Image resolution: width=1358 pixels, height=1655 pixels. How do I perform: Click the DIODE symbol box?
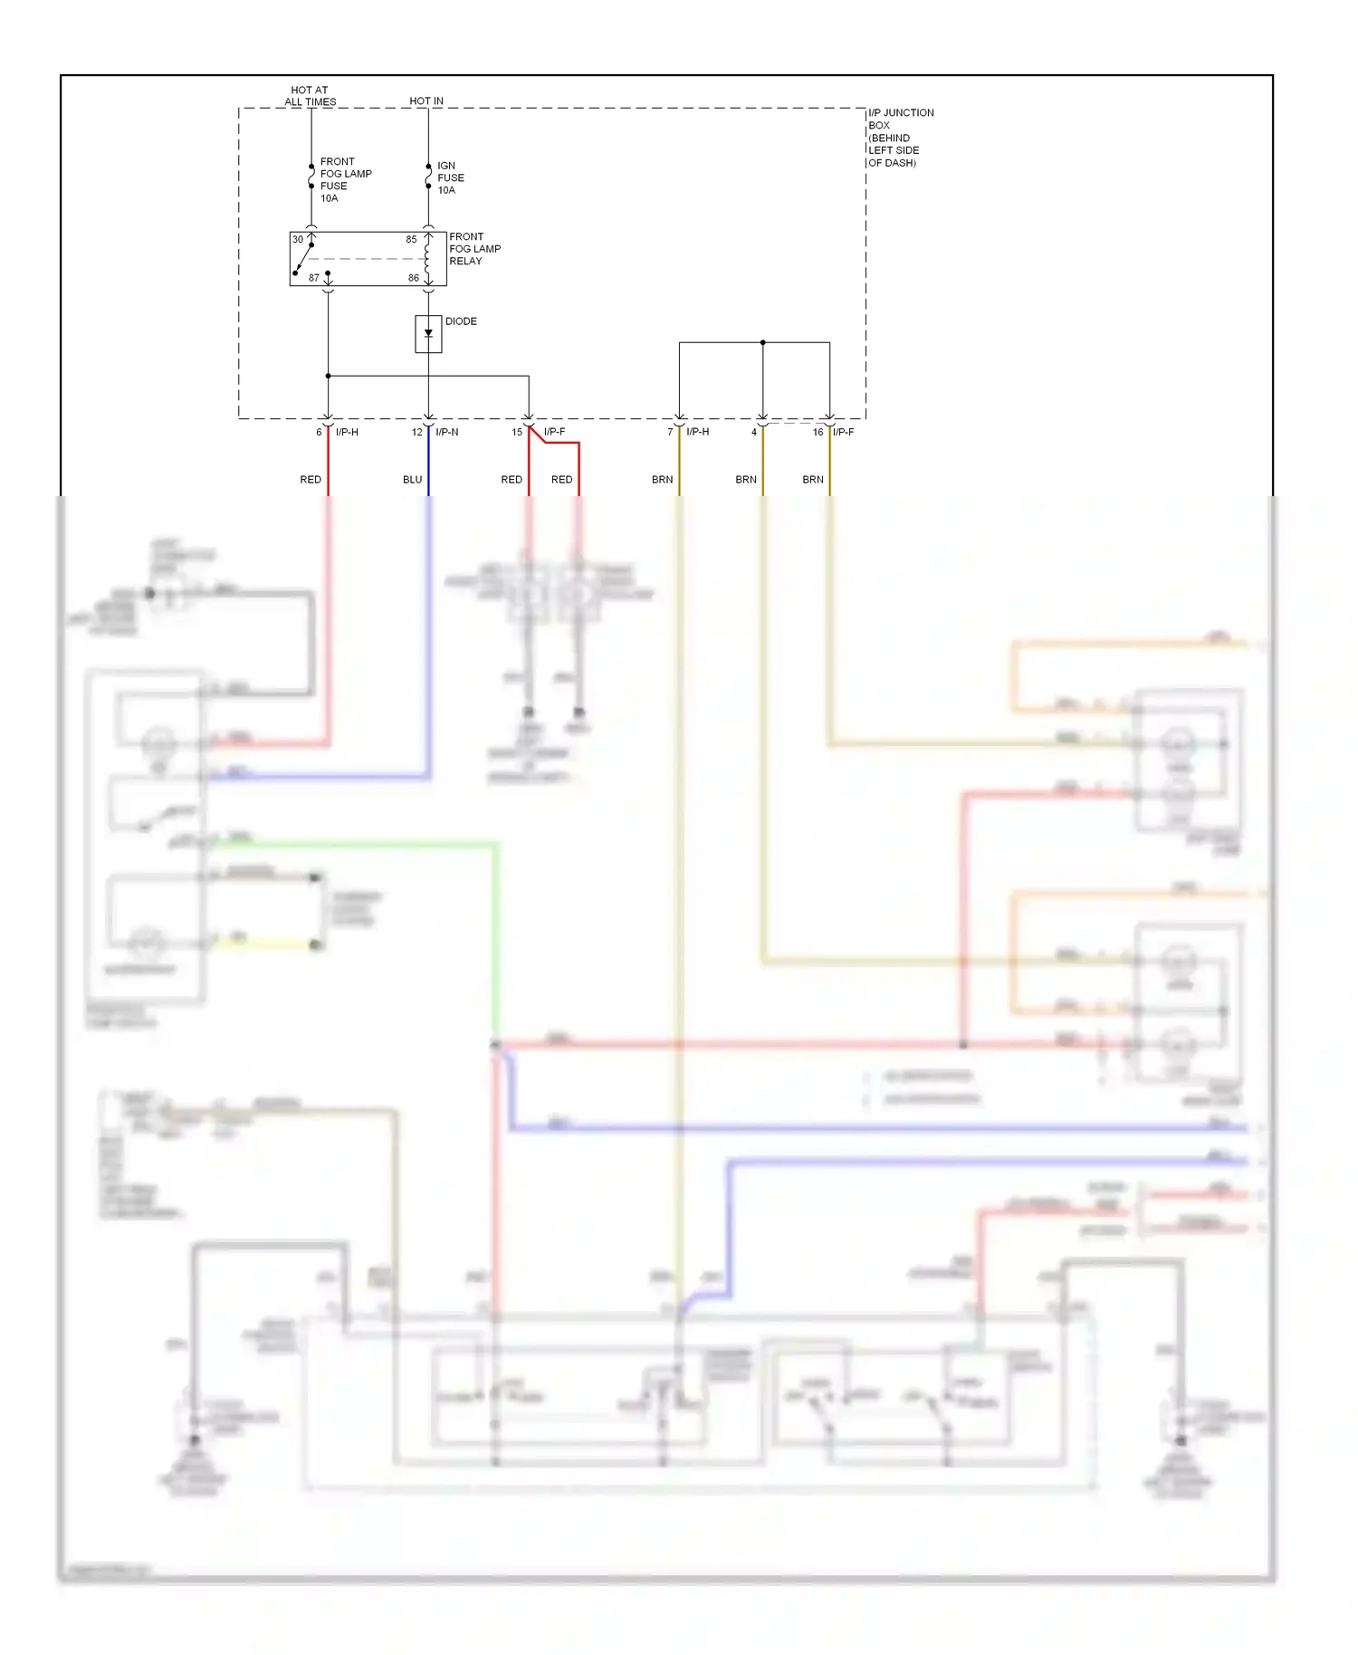pyautogui.click(x=428, y=334)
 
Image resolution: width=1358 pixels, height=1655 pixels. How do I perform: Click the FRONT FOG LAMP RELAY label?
pyautogui.click(x=474, y=249)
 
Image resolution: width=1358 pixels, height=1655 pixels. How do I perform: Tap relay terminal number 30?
pyautogui.click(x=298, y=240)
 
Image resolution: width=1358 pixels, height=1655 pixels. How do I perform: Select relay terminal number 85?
pyautogui.click(x=411, y=240)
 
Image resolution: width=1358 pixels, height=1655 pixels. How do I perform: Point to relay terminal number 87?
pyautogui.click(x=314, y=278)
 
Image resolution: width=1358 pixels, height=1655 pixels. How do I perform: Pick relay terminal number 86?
pyautogui.click(x=413, y=278)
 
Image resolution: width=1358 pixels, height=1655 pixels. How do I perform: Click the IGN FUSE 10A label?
pyautogui.click(x=450, y=178)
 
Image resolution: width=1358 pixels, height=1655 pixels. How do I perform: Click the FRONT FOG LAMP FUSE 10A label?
pyautogui.click(x=345, y=179)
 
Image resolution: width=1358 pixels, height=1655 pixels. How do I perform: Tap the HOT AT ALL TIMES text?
pyautogui.click(x=310, y=96)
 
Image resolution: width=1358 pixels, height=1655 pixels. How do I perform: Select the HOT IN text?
pyautogui.click(x=426, y=101)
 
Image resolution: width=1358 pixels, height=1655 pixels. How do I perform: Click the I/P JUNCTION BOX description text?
pyautogui.click(x=900, y=138)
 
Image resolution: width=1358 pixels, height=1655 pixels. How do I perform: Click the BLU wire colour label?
pyautogui.click(x=412, y=480)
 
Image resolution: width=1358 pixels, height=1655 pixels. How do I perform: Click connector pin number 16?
pyautogui.click(x=818, y=432)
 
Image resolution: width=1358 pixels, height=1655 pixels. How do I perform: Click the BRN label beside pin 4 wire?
pyautogui.click(x=745, y=480)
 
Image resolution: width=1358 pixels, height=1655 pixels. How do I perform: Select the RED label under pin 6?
pyautogui.click(x=311, y=480)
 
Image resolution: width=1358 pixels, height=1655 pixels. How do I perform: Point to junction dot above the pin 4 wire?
pyautogui.click(x=762, y=342)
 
